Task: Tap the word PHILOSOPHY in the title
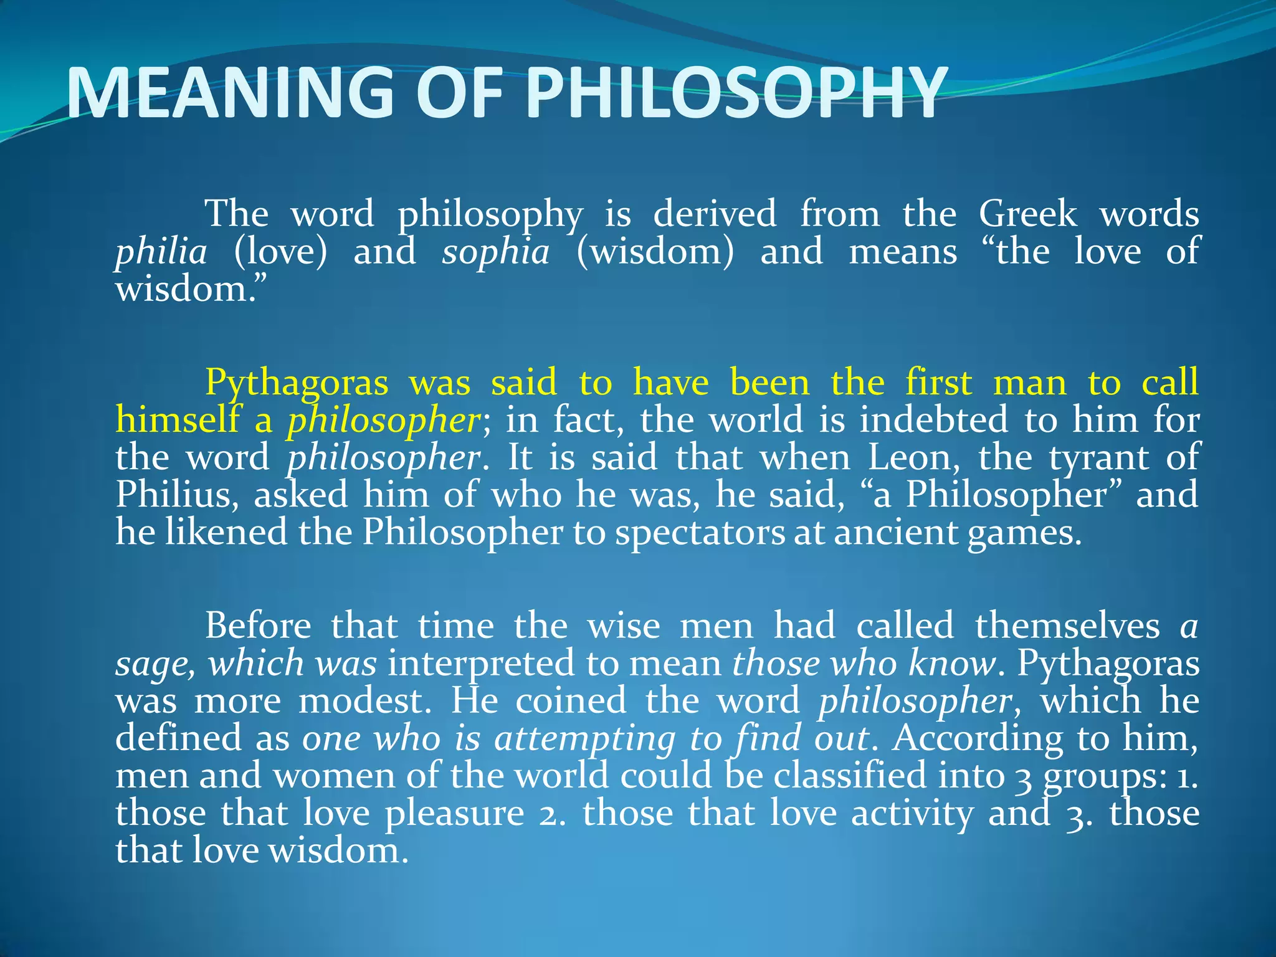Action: tap(735, 93)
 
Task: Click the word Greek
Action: tap(1027, 214)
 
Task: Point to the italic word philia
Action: tap(161, 252)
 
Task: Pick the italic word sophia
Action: tap(496, 252)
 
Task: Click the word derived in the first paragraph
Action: tap(715, 214)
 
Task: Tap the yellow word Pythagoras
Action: tap(297, 383)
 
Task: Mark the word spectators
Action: tap(700, 533)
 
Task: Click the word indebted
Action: tap(934, 420)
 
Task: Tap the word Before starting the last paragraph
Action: tap(258, 626)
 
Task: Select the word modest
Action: tap(364, 701)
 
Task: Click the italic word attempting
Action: tap(584, 739)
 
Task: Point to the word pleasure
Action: tap(454, 814)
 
